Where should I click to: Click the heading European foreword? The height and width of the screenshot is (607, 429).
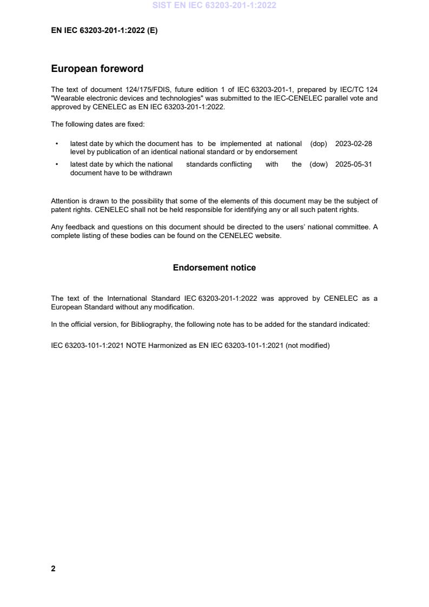97,69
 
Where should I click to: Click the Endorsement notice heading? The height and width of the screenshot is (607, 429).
214,268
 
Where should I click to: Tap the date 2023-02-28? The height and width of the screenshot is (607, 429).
353,144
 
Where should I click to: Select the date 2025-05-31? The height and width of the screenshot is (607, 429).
353,164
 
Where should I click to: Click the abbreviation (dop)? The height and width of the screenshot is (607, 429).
319,144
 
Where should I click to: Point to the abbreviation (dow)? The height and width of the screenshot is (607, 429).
319,164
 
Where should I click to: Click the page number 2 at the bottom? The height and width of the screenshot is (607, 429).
53,569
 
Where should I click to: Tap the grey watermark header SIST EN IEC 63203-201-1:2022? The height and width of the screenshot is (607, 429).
214,5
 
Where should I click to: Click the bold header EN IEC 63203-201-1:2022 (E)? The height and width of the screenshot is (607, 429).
104,31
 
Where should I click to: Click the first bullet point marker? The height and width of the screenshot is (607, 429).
57,144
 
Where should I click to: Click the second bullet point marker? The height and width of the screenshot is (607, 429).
57,164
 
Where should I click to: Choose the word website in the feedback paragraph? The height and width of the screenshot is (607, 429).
268,236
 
